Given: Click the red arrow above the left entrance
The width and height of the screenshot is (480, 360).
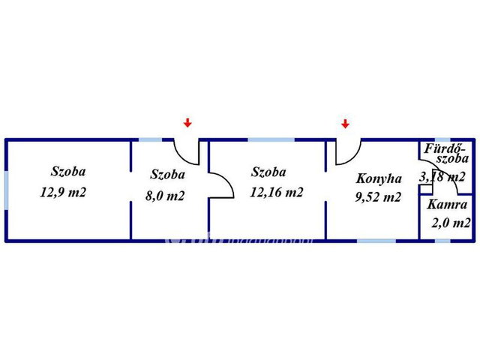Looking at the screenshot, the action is (187, 123).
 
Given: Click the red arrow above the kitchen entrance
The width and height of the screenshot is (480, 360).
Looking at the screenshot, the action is (345, 124).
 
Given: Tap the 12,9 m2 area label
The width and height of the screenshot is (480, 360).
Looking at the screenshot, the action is (63, 193).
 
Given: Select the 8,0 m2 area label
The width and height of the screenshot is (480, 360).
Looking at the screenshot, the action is (165, 196).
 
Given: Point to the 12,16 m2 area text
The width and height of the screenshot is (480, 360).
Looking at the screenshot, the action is (277, 192).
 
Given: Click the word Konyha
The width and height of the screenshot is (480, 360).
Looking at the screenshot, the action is (379, 178).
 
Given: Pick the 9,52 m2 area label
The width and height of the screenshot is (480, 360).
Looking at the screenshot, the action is (378, 196).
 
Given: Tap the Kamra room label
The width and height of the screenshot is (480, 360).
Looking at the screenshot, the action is (447, 205).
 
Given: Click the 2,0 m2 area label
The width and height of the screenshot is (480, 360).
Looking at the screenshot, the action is (451, 223).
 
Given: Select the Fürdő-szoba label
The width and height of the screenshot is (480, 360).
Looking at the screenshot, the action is (446, 153).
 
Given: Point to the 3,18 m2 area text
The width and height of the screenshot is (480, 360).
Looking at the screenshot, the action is (442, 177).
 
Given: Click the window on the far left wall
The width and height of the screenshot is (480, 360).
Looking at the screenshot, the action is (6, 190).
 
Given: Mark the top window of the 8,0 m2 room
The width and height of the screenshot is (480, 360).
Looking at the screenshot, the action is (151, 140).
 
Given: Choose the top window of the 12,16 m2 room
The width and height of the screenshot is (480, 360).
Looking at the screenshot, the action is (271, 140).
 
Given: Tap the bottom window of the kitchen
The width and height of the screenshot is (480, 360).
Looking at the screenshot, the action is (376, 241).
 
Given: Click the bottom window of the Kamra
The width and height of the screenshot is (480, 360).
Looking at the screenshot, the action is (442, 241).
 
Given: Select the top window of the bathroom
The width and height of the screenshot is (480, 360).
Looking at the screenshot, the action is (442, 140).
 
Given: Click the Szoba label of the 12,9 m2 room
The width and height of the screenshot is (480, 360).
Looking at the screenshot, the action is (68, 172).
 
